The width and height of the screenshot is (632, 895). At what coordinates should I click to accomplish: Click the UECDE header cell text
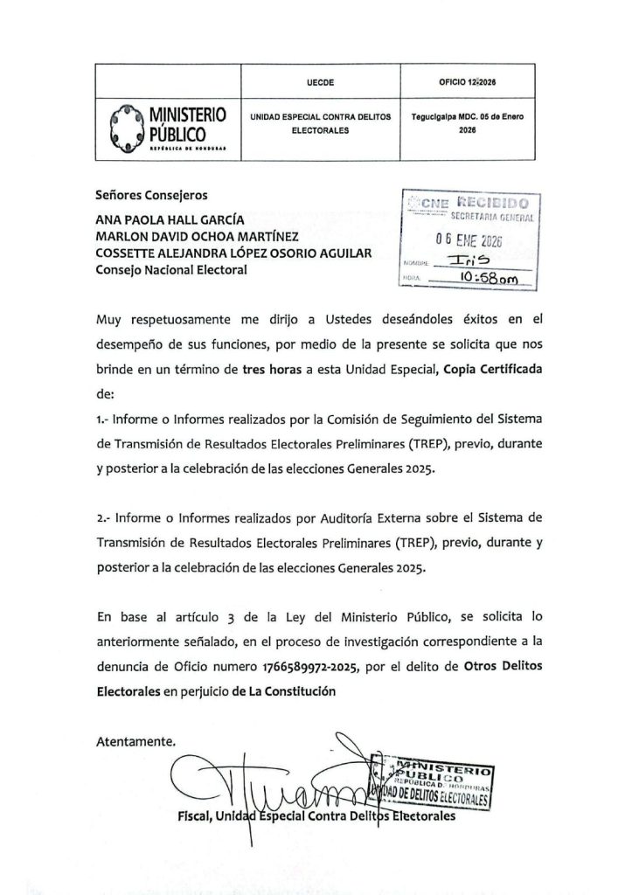(322, 81)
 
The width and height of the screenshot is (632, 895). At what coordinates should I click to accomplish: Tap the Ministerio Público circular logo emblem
(123, 128)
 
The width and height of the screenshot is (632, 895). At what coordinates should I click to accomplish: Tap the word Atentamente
(135, 740)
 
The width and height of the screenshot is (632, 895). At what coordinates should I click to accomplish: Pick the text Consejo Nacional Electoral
(171, 270)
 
